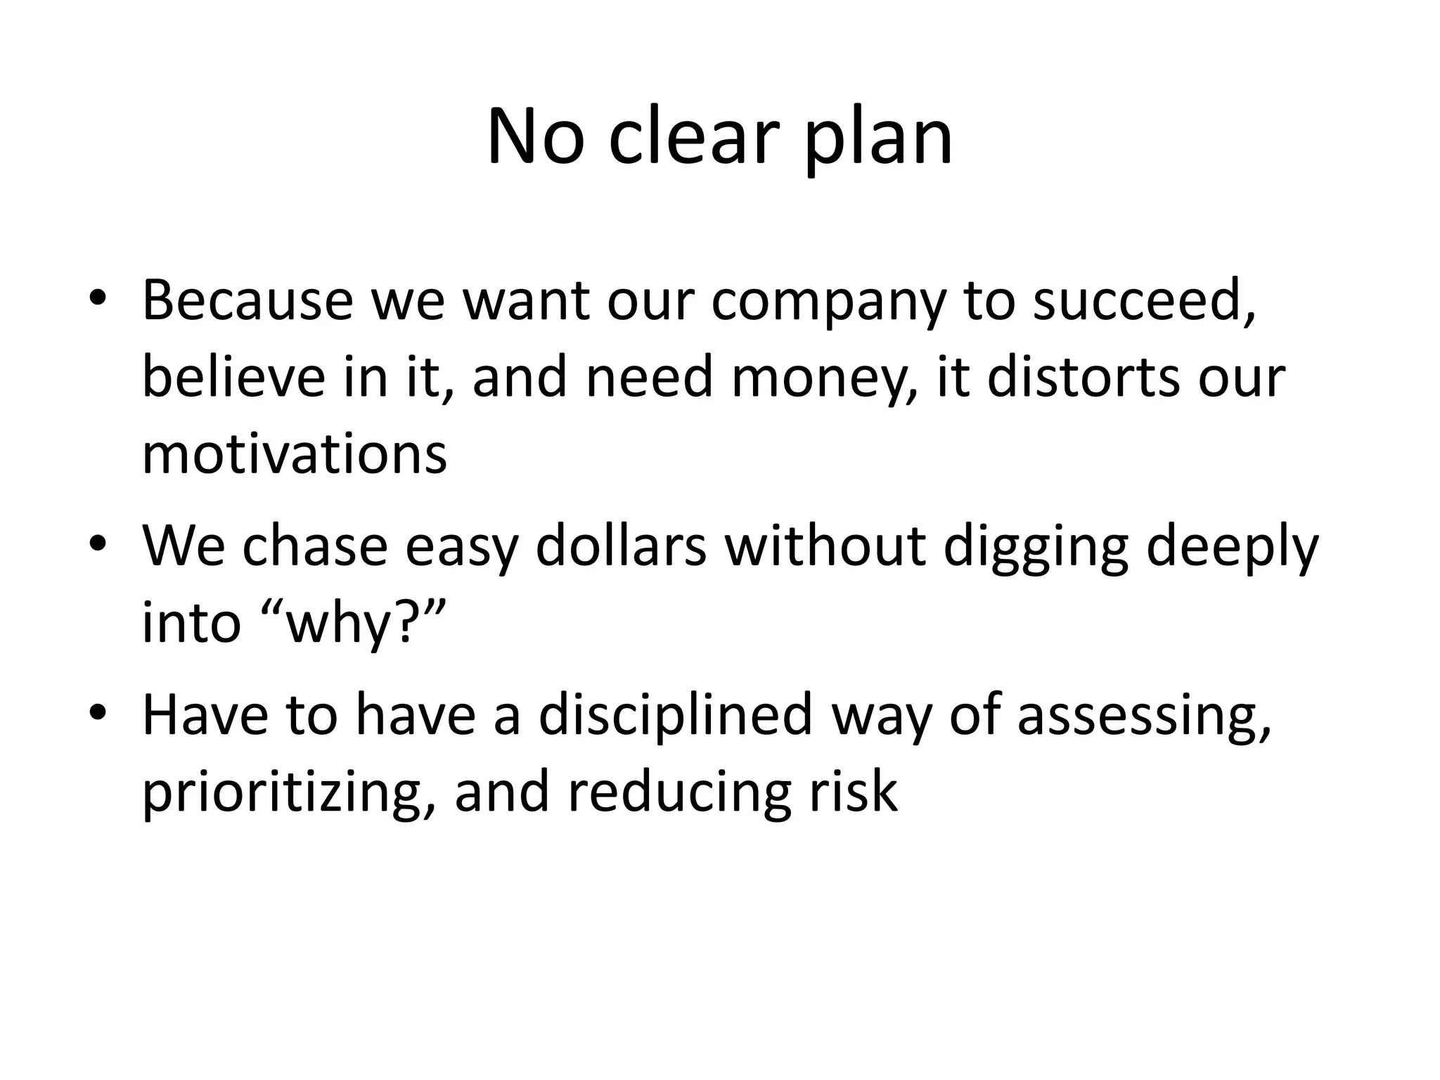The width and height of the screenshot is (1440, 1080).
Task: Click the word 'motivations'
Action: tap(294, 454)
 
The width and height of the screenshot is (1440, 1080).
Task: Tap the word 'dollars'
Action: tap(620, 546)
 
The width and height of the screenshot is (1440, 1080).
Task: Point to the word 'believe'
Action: tap(233, 377)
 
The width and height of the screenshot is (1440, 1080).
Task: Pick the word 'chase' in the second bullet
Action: tap(314, 546)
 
